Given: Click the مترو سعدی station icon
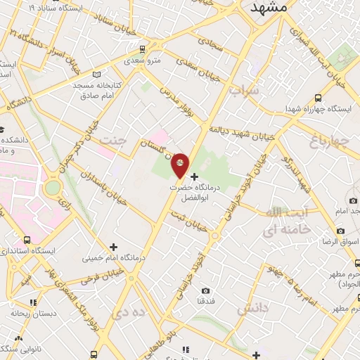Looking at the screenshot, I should [x=143, y=49].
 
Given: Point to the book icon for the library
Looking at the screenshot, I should [x=97, y=75].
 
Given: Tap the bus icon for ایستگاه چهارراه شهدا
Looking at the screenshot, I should [x=319, y=98].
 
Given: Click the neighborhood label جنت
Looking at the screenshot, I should [x=116, y=139].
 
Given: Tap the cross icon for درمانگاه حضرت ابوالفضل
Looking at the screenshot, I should [x=195, y=176].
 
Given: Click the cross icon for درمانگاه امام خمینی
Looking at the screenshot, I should [x=113, y=246].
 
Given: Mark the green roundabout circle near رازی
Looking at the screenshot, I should [x=52, y=188].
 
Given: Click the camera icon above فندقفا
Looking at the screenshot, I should [x=205, y=290].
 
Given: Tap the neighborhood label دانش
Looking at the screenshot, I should [x=253, y=309].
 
